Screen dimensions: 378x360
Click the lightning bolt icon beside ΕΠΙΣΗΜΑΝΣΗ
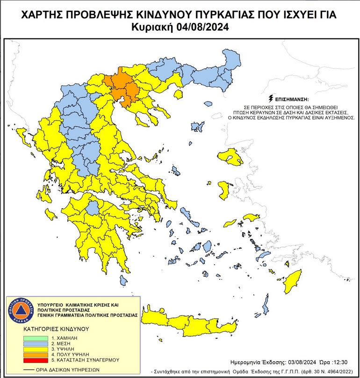coord(271,99)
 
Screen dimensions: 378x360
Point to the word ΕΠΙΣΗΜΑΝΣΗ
coord(294,100)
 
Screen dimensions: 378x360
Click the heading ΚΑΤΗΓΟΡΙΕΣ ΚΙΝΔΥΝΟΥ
coord(56,329)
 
